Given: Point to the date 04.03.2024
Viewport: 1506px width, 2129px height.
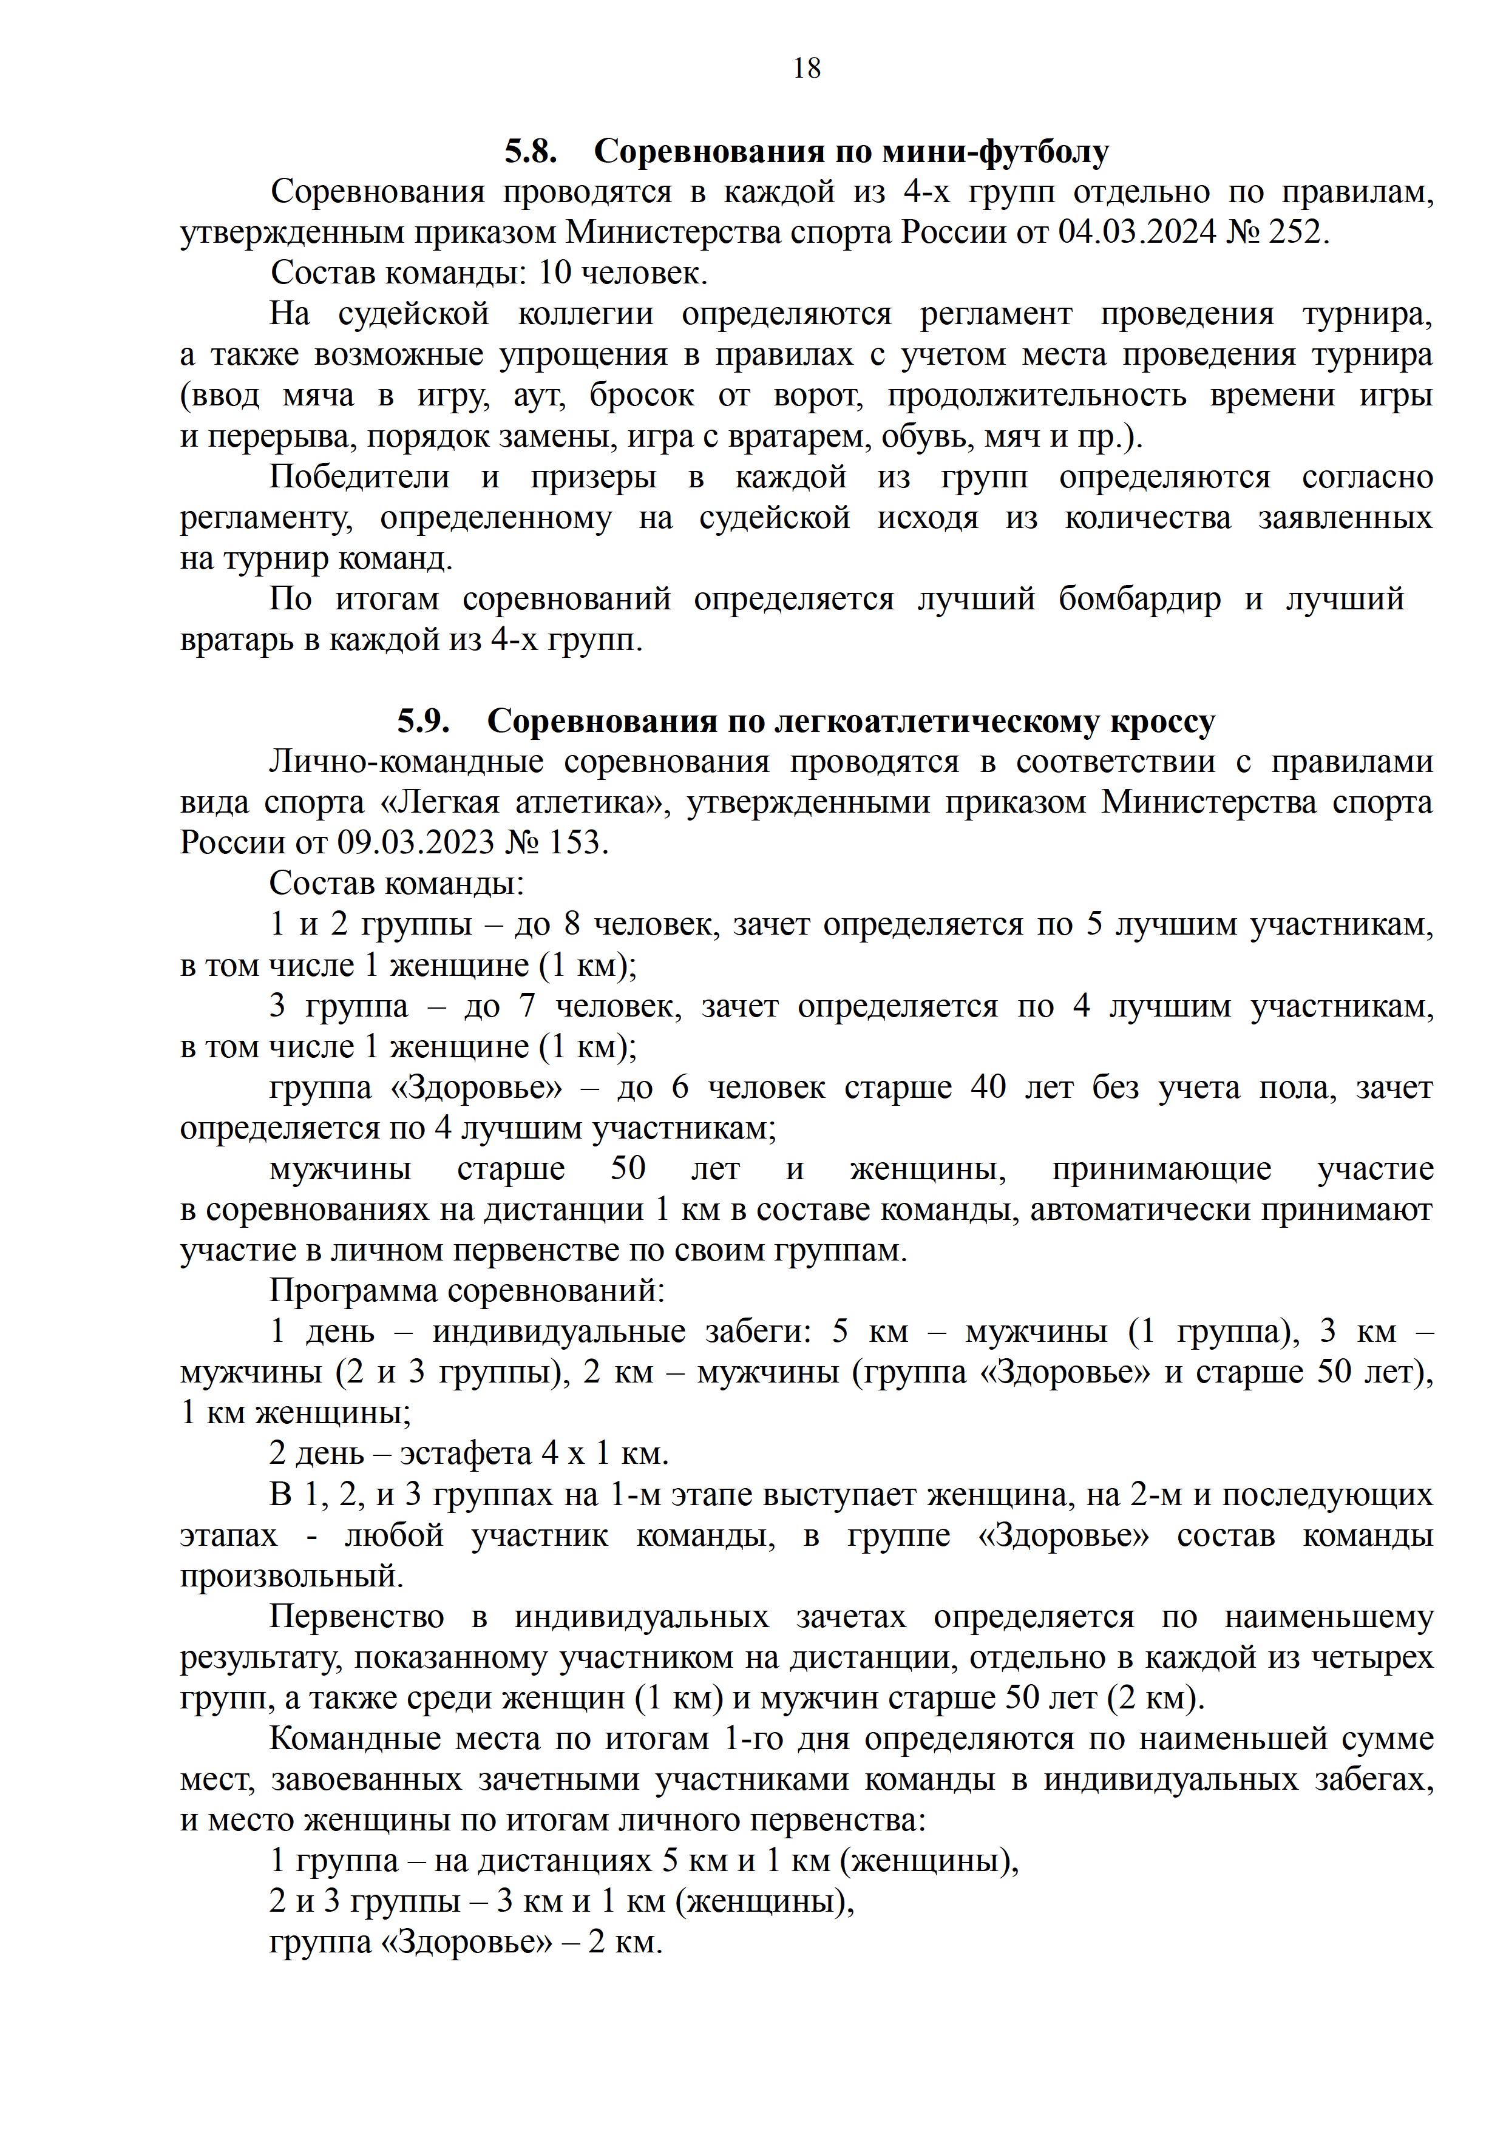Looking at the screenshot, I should (1137, 232).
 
